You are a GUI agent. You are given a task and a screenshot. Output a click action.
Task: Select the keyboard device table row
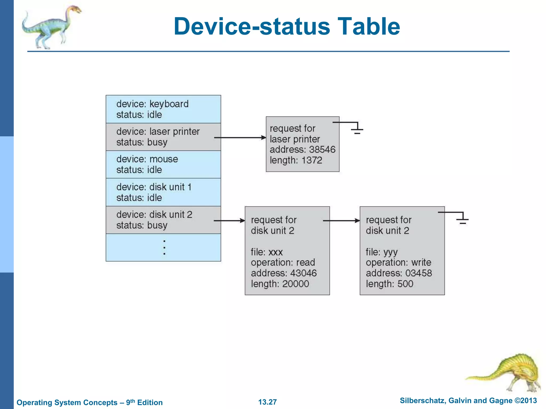(x=163, y=109)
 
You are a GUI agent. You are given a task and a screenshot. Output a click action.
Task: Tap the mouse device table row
(x=163, y=164)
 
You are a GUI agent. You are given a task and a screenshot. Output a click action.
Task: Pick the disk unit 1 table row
(x=163, y=192)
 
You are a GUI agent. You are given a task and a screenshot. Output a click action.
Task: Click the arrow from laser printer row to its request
(x=240, y=138)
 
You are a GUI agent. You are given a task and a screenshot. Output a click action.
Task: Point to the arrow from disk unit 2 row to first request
(x=229, y=221)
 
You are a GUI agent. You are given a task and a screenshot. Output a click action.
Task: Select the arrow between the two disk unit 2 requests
(x=341, y=221)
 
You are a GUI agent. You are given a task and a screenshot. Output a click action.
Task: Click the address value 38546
(x=322, y=150)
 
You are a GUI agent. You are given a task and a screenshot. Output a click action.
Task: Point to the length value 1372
(x=312, y=160)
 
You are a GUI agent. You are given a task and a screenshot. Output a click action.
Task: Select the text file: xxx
(x=267, y=252)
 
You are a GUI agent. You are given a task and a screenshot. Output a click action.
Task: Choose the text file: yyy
(x=382, y=252)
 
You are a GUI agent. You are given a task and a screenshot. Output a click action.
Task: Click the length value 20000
(x=295, y=284)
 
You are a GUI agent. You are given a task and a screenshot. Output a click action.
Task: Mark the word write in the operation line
(x=421, y=263)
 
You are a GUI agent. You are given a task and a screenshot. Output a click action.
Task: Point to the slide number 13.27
(x=267, y=402)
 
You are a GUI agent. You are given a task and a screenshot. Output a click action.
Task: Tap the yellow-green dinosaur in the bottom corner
(x=507, y=373)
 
